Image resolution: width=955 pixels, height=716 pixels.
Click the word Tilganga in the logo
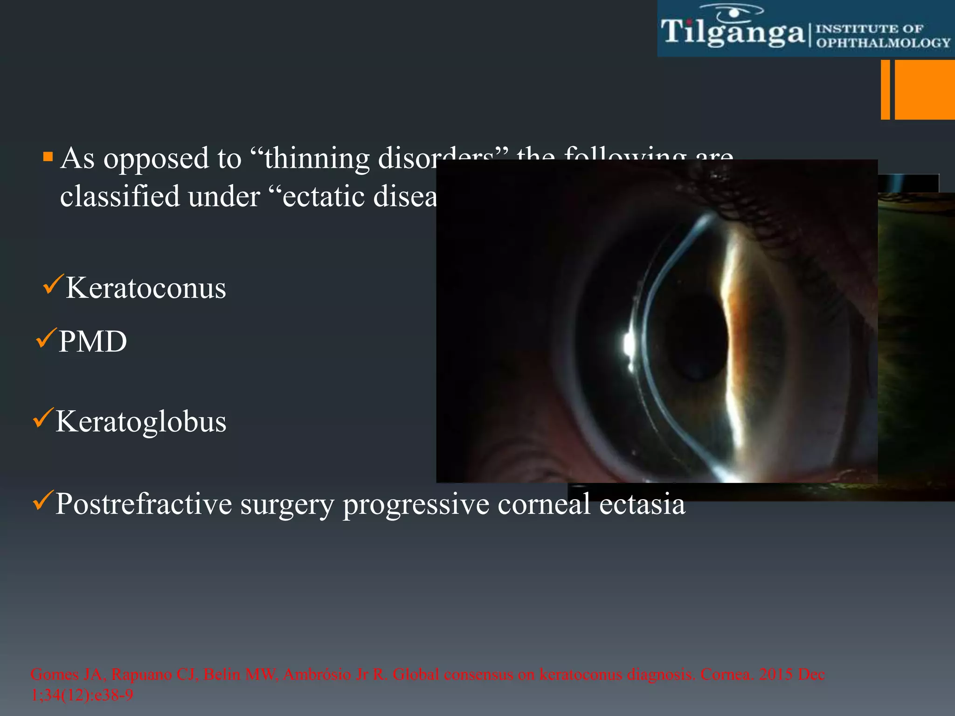pyautogui.click(x=733, y=33)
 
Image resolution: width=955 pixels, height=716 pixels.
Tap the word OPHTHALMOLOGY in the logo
pyautogui.click(x=883, y=43)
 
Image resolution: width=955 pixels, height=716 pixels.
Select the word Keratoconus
pyautogui.click(x=145, y=288)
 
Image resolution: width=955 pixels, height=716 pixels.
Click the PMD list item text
pyautogui.click(x=92, y=342)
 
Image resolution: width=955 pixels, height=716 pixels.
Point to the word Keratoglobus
pyautogui.click(x=141, y=421)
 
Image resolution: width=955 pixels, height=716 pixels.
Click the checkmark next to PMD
pyautogui.click(x=46, y=338)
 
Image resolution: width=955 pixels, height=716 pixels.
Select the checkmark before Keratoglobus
pyautogui.click(x=43, y=418)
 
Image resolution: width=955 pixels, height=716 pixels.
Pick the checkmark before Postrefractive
pyautogui.click(x=43, y=500)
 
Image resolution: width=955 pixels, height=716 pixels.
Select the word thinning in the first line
pyautogui.click(x=317, y=158)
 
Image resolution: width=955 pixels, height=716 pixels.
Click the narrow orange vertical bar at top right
pyautogui.click(x=885, y=89)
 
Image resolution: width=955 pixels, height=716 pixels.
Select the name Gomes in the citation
pyautogui.click(x=54, y=675)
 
